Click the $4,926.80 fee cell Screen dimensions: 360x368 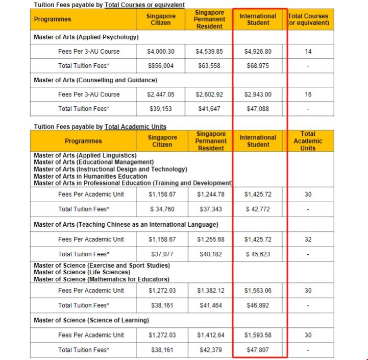tap(258, 52)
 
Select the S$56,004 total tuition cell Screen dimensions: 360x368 tap(161, 66)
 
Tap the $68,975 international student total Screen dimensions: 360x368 tap(258, 66)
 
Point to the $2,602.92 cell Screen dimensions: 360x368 tap(209, 94)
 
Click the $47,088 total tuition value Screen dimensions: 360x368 tap(258, 109)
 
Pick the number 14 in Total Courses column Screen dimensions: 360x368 tap(308, 52)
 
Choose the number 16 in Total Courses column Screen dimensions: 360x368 tap(308, 94)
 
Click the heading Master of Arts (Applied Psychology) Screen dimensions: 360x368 tap(86, 37)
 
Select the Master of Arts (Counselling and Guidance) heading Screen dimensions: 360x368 tap(95, 80)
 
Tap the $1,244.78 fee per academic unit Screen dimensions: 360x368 tap(210, 195)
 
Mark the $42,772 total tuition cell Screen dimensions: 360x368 tap(258, 209)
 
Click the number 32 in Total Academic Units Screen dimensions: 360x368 tap(308, 239)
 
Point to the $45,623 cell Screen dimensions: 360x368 tap(258, 254)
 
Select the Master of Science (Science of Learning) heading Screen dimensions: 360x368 tap(91, 320)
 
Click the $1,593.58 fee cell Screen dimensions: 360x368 tap(258, 335)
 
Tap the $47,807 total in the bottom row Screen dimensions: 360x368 tap(258, 350)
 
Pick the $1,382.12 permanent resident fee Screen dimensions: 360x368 tap(210, 291)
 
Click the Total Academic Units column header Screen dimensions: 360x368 tap(308, 141)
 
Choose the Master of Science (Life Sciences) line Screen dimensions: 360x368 tap(82, 272)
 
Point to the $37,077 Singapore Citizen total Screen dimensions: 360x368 tap(162, 254)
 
